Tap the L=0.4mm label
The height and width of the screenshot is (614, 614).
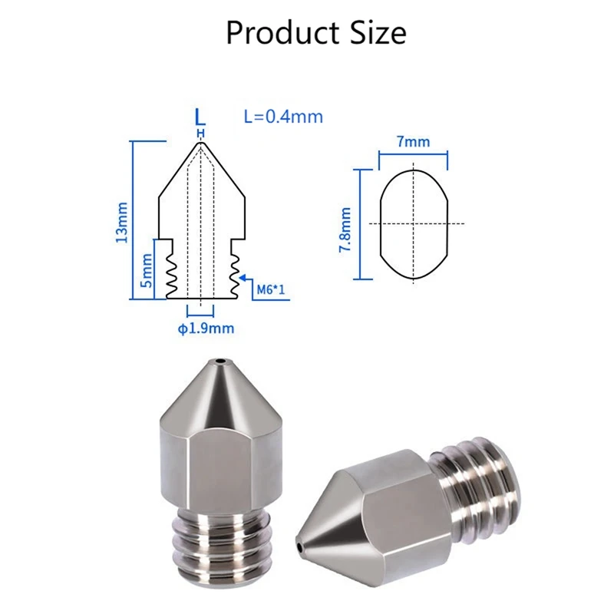283,117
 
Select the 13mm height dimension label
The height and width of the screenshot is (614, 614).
122,222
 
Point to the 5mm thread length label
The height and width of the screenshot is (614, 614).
147,270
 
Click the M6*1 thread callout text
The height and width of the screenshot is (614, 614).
271,290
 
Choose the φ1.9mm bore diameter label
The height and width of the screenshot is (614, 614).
206,328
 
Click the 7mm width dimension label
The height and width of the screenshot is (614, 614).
414,141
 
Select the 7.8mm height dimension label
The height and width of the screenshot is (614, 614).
345,229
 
